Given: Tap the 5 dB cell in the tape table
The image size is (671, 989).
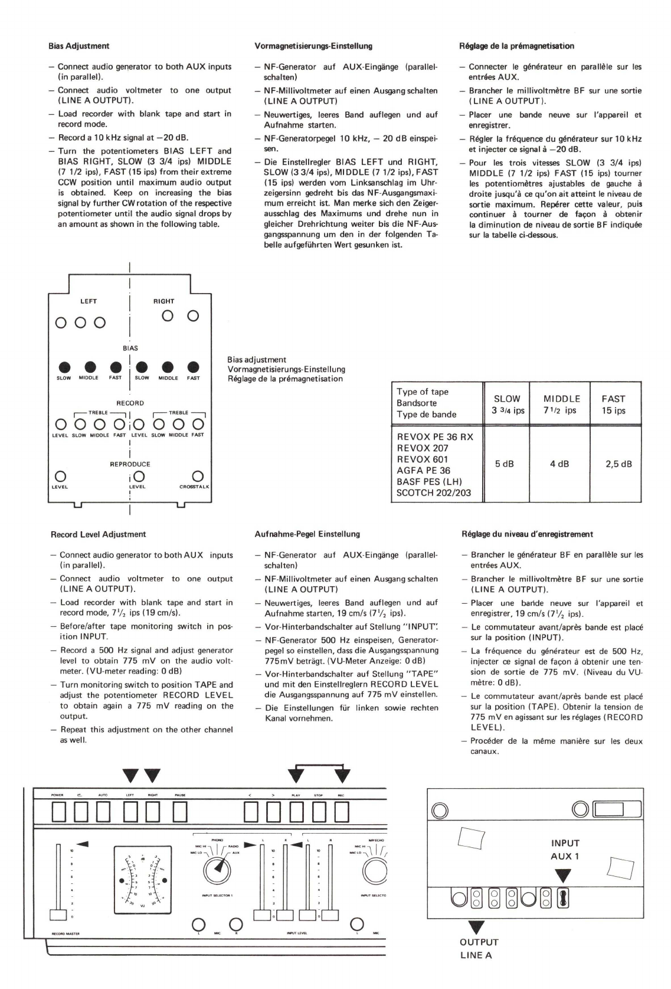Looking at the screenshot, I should pyautogui.click(x=504, y=464).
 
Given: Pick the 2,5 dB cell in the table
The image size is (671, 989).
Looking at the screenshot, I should pyautogui.click(x=618, y=464).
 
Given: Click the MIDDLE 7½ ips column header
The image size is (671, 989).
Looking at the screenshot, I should pyautogui.click(x=561, y=405).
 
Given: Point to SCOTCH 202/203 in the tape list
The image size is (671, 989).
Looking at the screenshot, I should pyautogui.click(x=434, y=492).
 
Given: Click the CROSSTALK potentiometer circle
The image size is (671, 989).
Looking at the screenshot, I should pyautogui.click(x=198, y=476).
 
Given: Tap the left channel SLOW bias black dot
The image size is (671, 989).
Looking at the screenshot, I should pyautogui.click(x=63, y=367).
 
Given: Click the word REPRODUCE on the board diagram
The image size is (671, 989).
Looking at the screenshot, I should pyautogui.click(x=130, y=464).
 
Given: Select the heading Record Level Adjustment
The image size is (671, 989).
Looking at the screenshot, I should pyautogui.click(x=99, y=534).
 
